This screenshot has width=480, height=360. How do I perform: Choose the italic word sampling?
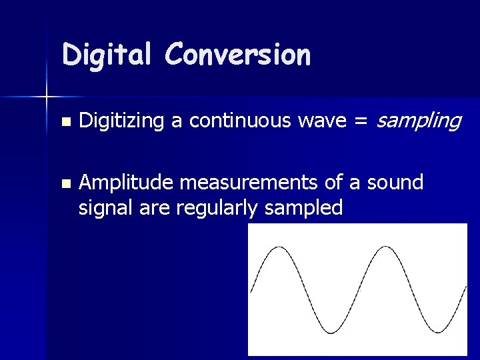(x=419, y=121)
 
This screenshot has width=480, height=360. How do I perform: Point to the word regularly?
(x=218, y=209)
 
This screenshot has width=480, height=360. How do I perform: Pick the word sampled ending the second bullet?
(x=303, y=209)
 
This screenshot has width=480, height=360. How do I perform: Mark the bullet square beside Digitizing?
(x=65, y=122)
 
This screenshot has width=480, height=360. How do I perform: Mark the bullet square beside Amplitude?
(x=65, y=183)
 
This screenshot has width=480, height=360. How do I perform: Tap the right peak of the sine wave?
(x=384, y=247)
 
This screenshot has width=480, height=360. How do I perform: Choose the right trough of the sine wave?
(x=437, y=331)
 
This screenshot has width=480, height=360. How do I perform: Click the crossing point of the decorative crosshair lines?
(x=47, y=97)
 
